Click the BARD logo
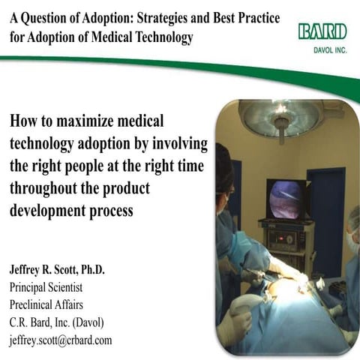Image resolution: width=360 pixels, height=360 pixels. (x=322, y=31)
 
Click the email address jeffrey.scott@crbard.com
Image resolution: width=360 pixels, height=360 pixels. (x=61, y=339)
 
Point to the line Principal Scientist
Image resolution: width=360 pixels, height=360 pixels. (x=46, y=287)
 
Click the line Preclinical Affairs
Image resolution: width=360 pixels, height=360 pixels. (x=47, y=304)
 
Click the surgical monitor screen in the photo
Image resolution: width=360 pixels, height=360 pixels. (x=285, y=199)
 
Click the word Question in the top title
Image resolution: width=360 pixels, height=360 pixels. (x=47, y=16)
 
